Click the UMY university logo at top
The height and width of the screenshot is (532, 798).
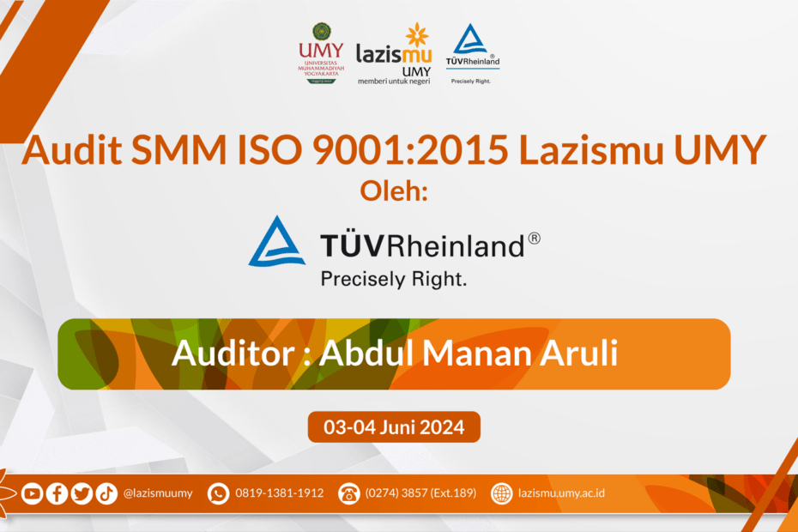321,53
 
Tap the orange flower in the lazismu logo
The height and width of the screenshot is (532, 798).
417,35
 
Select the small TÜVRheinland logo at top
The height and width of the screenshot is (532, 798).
472,53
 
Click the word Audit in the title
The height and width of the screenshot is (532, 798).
72,149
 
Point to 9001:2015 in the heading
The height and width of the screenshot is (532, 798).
410,149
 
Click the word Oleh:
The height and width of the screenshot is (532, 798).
394,191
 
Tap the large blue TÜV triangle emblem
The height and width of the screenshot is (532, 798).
277,241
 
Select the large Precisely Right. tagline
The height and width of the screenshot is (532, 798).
393,279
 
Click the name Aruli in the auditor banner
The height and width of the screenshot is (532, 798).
578,353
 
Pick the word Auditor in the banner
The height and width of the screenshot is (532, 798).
233,353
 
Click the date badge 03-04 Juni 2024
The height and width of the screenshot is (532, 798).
394,426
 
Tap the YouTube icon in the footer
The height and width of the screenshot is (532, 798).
32,493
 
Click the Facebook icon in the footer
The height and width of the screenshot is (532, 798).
57,493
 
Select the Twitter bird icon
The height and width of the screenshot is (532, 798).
82,493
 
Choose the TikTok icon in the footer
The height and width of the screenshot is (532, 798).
106,493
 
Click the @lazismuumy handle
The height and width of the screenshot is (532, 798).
158,493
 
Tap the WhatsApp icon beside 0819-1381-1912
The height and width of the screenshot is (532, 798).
218,493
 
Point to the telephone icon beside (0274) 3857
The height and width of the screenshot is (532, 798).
349,493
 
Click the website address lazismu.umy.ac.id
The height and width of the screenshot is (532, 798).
561,493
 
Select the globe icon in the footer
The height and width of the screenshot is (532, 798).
501,493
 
